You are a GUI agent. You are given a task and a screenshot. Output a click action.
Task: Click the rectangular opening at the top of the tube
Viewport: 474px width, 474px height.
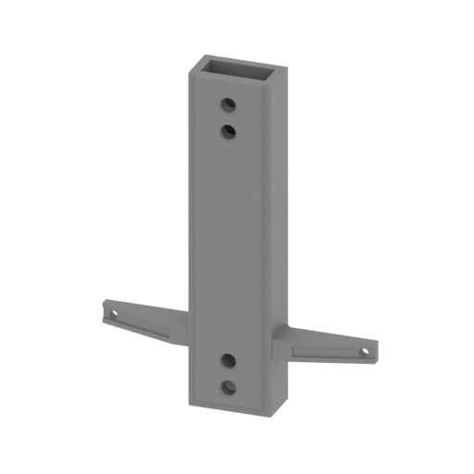235,69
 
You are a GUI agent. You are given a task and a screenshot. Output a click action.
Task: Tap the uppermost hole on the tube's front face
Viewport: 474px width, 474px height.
228,103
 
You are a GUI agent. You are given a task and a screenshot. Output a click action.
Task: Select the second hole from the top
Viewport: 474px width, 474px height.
228,131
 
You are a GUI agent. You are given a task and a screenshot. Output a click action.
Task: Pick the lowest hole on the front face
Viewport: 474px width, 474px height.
229,387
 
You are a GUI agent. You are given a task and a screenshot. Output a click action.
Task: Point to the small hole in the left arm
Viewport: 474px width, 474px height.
113,315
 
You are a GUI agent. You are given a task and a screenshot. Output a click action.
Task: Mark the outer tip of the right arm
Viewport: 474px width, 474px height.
374,355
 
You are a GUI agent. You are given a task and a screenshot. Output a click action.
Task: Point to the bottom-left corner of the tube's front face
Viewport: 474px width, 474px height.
188,408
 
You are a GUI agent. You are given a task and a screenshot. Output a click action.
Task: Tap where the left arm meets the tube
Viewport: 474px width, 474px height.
187,324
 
